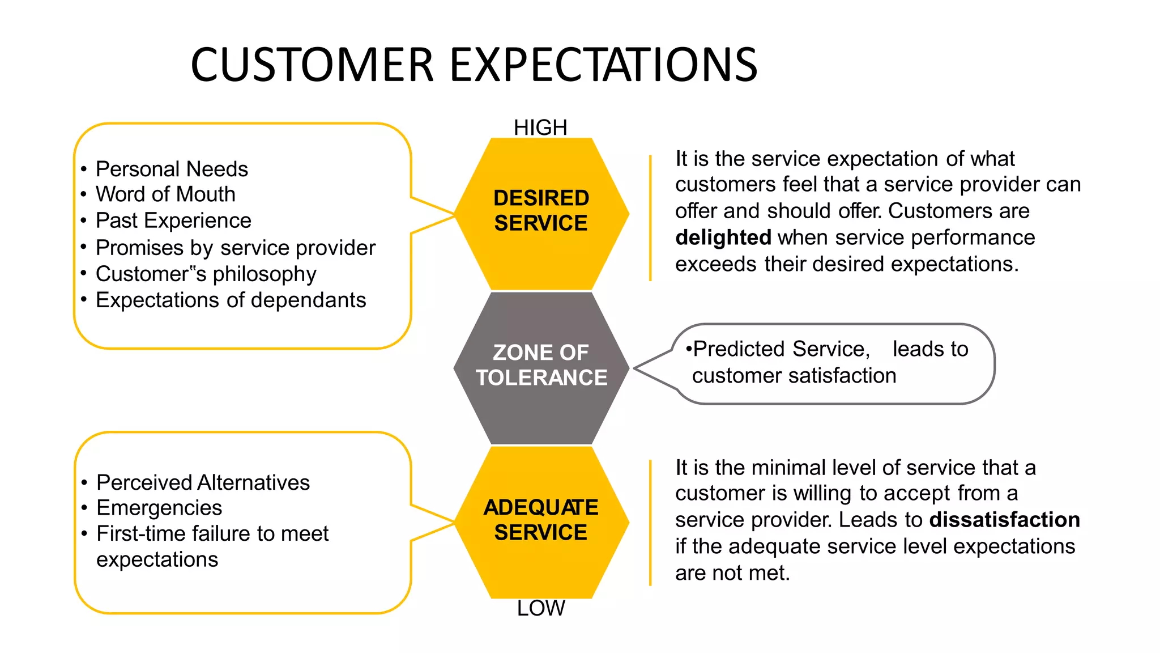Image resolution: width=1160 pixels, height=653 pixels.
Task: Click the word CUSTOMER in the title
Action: (x=312, y=65)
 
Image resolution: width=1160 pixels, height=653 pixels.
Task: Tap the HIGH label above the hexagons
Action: (x=540, y=128)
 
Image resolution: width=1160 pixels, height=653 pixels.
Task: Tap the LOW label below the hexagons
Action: (x=540, y=608)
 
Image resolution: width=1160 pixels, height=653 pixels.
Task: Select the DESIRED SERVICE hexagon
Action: (x=541, y=211)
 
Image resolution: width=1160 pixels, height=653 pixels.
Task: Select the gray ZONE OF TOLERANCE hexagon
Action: (x=541, y=366)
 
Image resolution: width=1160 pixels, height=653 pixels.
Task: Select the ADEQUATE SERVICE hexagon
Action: (x=541, y=520)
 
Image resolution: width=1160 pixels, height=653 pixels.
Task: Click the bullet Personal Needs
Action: (x=172, y=169)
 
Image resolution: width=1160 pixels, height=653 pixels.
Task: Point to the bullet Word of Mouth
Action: (x=165, y=194)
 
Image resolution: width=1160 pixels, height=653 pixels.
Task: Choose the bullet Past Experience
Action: (x=173, y=221)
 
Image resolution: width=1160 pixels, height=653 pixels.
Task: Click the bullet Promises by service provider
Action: (x=235, y=248)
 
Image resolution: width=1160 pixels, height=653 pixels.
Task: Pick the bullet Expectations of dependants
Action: (x=231, y=300)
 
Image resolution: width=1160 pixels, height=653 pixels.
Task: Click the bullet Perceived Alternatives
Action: (x=203, y=482)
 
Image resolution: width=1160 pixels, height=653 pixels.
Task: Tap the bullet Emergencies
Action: (x=159, y=508)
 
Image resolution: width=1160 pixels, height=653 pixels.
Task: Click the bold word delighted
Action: (x=723, y=238)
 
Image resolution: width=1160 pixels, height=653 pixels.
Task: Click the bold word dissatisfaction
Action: (x=1004, y=520)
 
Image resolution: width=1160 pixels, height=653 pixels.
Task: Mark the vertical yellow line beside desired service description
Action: (x=650, y=218)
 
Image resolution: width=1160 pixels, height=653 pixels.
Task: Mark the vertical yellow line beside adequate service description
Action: (x=650, y=523)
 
